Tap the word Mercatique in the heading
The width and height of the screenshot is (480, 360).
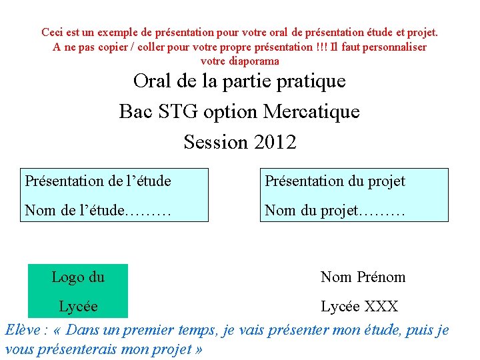point(311,111)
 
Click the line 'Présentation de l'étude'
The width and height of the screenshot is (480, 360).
point(98,181)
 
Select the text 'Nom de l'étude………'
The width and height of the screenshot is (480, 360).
point(98,211)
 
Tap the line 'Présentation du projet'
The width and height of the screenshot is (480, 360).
point(335,181)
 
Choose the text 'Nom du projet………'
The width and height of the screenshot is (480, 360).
point(335,211)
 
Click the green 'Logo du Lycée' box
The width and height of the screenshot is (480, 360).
point(78,291)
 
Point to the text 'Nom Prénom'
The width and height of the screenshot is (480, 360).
point(363,277)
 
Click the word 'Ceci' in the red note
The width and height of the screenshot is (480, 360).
point(52,32)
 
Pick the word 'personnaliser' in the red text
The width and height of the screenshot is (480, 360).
point(394,47)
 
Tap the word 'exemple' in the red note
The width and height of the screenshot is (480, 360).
point(117,32)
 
